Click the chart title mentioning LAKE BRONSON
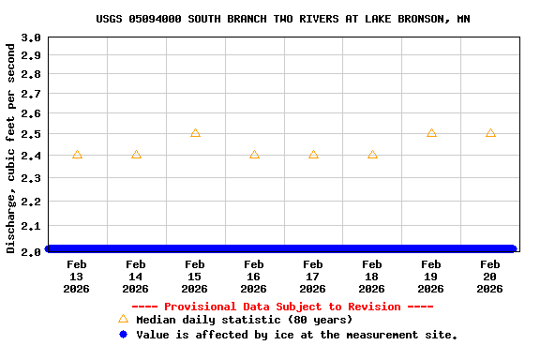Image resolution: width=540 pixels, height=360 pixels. (282, 19)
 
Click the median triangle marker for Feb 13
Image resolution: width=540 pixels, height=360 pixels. (77, 155)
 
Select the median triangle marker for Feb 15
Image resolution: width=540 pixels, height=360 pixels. (195, 133)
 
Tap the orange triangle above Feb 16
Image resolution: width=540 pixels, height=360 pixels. (254, 155)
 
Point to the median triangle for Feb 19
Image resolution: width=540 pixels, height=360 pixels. (431, 133)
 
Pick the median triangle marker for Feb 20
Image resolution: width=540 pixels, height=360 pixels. (490, 133)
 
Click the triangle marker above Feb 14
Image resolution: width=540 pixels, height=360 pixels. (136, 155)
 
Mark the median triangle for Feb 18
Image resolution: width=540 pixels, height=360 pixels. (372, 155)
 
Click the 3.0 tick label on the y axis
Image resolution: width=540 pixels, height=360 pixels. (31, 38)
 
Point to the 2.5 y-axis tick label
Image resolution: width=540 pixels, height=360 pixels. (31, 134)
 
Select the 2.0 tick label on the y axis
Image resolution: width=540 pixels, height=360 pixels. (31, 251)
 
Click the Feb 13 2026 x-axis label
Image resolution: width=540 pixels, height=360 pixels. (77, 277)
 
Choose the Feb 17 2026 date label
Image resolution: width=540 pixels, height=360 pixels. (313, 277)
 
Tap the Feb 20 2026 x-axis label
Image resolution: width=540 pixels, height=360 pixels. (490, 277)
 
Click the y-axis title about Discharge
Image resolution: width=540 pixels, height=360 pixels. (11, 147)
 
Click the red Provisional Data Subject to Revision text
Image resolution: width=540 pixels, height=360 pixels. (282, 307)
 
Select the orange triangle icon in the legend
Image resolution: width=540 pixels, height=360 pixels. (123, 319)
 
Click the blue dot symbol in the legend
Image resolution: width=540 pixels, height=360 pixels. (123, 334)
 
